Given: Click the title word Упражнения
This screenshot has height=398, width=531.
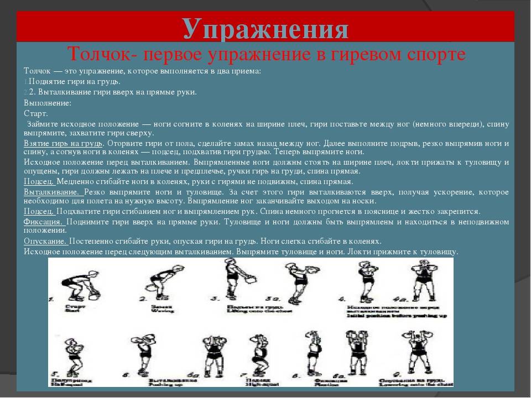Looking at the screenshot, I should pos(265,28).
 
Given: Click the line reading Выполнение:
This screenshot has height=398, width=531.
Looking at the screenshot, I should pos(48,103).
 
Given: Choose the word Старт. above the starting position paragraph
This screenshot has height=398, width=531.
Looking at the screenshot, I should pos(36,113).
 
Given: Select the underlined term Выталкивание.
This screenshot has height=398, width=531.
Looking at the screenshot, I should pos(53,191).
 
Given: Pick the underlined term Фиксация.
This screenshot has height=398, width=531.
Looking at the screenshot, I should pos(44,221).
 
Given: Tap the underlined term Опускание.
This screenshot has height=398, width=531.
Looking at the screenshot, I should pos(45,241).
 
